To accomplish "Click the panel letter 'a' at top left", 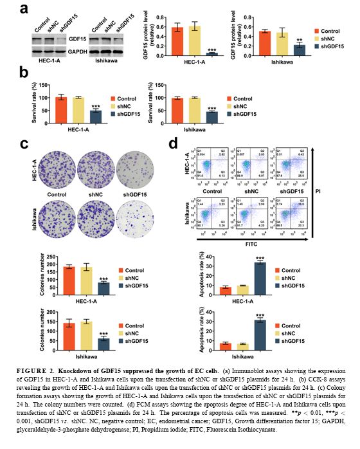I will tap(23, 8).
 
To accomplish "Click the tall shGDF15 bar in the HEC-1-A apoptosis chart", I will tap(260, 273).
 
